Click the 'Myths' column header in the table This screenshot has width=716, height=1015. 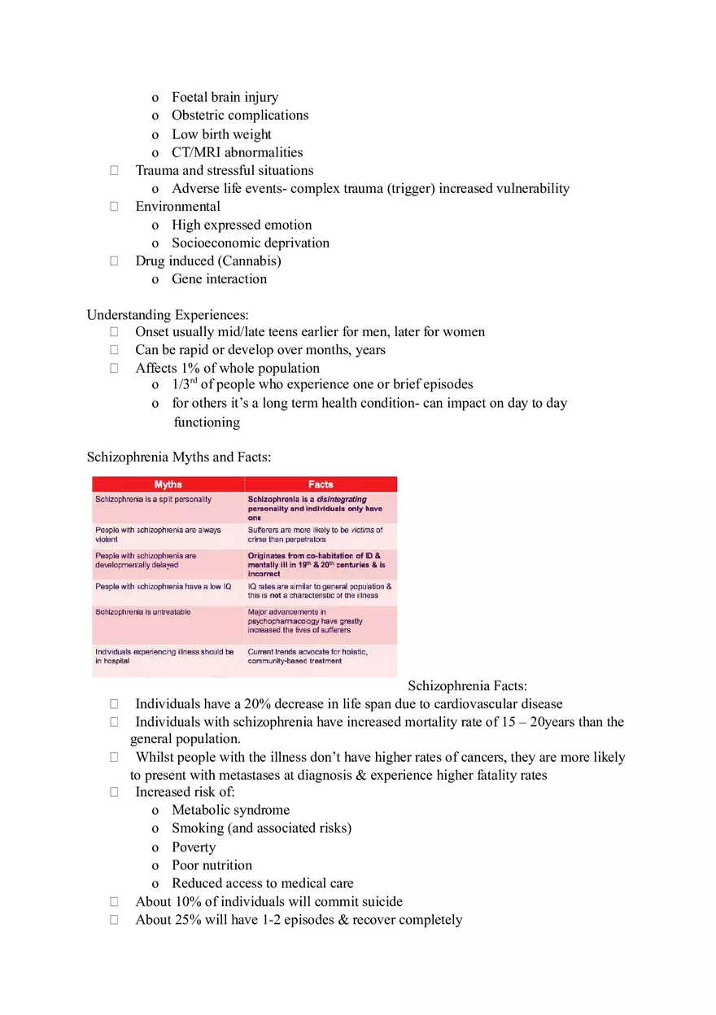(168, 484)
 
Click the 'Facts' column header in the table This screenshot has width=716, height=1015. (321, 484)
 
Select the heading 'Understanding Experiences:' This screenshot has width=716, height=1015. (168, 314)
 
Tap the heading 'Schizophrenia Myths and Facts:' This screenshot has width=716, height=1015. (178, 457)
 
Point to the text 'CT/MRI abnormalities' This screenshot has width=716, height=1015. (237, 152)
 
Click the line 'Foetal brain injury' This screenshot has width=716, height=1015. (225, 98)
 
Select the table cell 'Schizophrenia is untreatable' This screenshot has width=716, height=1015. (143, 612)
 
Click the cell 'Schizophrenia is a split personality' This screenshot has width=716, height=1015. (154, 498)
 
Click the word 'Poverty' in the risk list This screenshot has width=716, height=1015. (194, 847)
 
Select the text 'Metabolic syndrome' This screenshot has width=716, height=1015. (230, 810)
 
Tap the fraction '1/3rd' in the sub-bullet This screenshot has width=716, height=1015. (185, 384)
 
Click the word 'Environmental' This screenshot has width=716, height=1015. (177, 207)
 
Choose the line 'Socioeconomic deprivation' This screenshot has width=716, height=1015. (251, 243)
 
